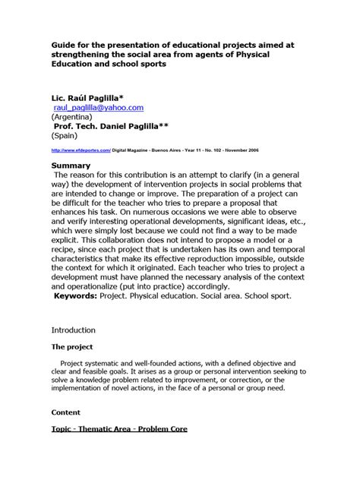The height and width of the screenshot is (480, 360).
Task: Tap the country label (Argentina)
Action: [x=74, y=118]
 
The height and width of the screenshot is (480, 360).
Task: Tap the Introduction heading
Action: [x=73, y=330]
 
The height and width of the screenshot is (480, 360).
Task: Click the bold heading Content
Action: [x=65, y=412]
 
